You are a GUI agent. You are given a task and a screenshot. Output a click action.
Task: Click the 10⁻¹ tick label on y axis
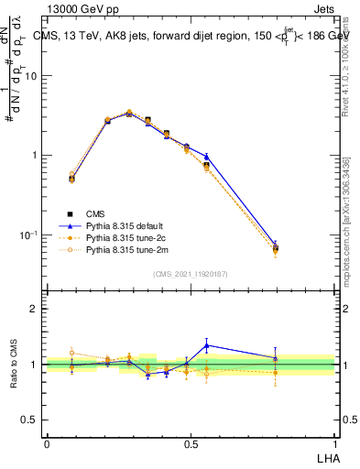tap(28, 235)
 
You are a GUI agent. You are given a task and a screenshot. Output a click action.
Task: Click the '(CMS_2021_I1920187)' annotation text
tap(191, 274)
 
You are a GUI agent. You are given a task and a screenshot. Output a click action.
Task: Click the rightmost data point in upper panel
tap(276, 247)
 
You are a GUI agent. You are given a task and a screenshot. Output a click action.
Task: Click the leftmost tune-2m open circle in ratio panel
tap(72, 353)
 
